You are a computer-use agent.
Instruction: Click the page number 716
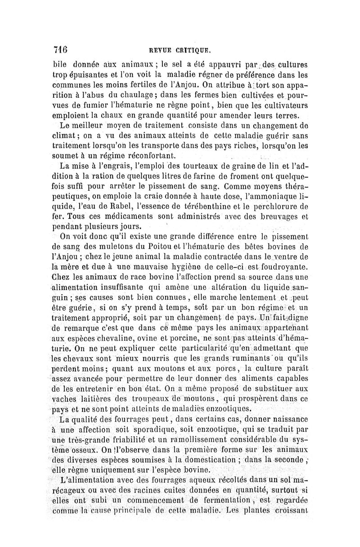pyautogui.click(x=60, y=49)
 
